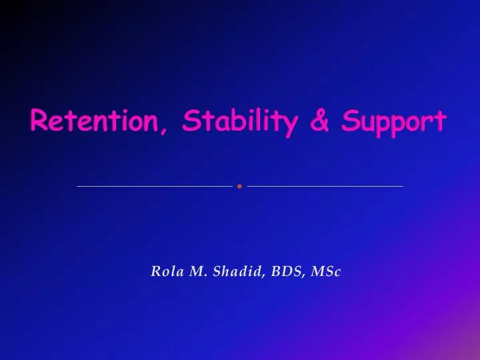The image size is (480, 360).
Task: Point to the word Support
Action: click(x=393, y=123)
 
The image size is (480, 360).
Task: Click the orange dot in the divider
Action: click(x=239, y=186)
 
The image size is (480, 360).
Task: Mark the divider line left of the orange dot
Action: click(x=155, y=186)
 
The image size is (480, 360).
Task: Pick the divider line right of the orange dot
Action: click(x=325, y=186)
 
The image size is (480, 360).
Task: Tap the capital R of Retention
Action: click(x=39, y=121)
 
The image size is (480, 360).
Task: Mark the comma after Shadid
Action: click(x=265, y=275)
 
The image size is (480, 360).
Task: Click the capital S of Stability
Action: click(x=191, y=121)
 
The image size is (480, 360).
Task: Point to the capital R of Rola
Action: click(x=157, y=271)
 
